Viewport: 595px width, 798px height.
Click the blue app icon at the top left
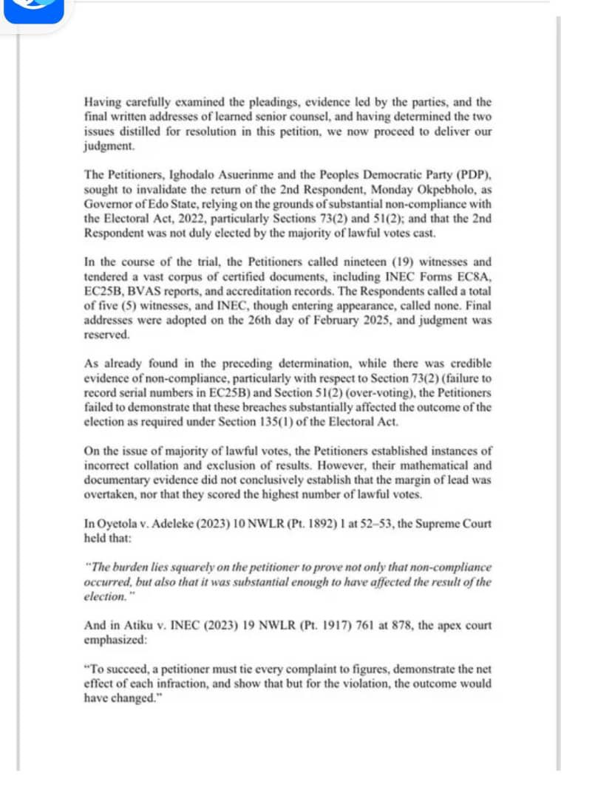click(33, 9)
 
